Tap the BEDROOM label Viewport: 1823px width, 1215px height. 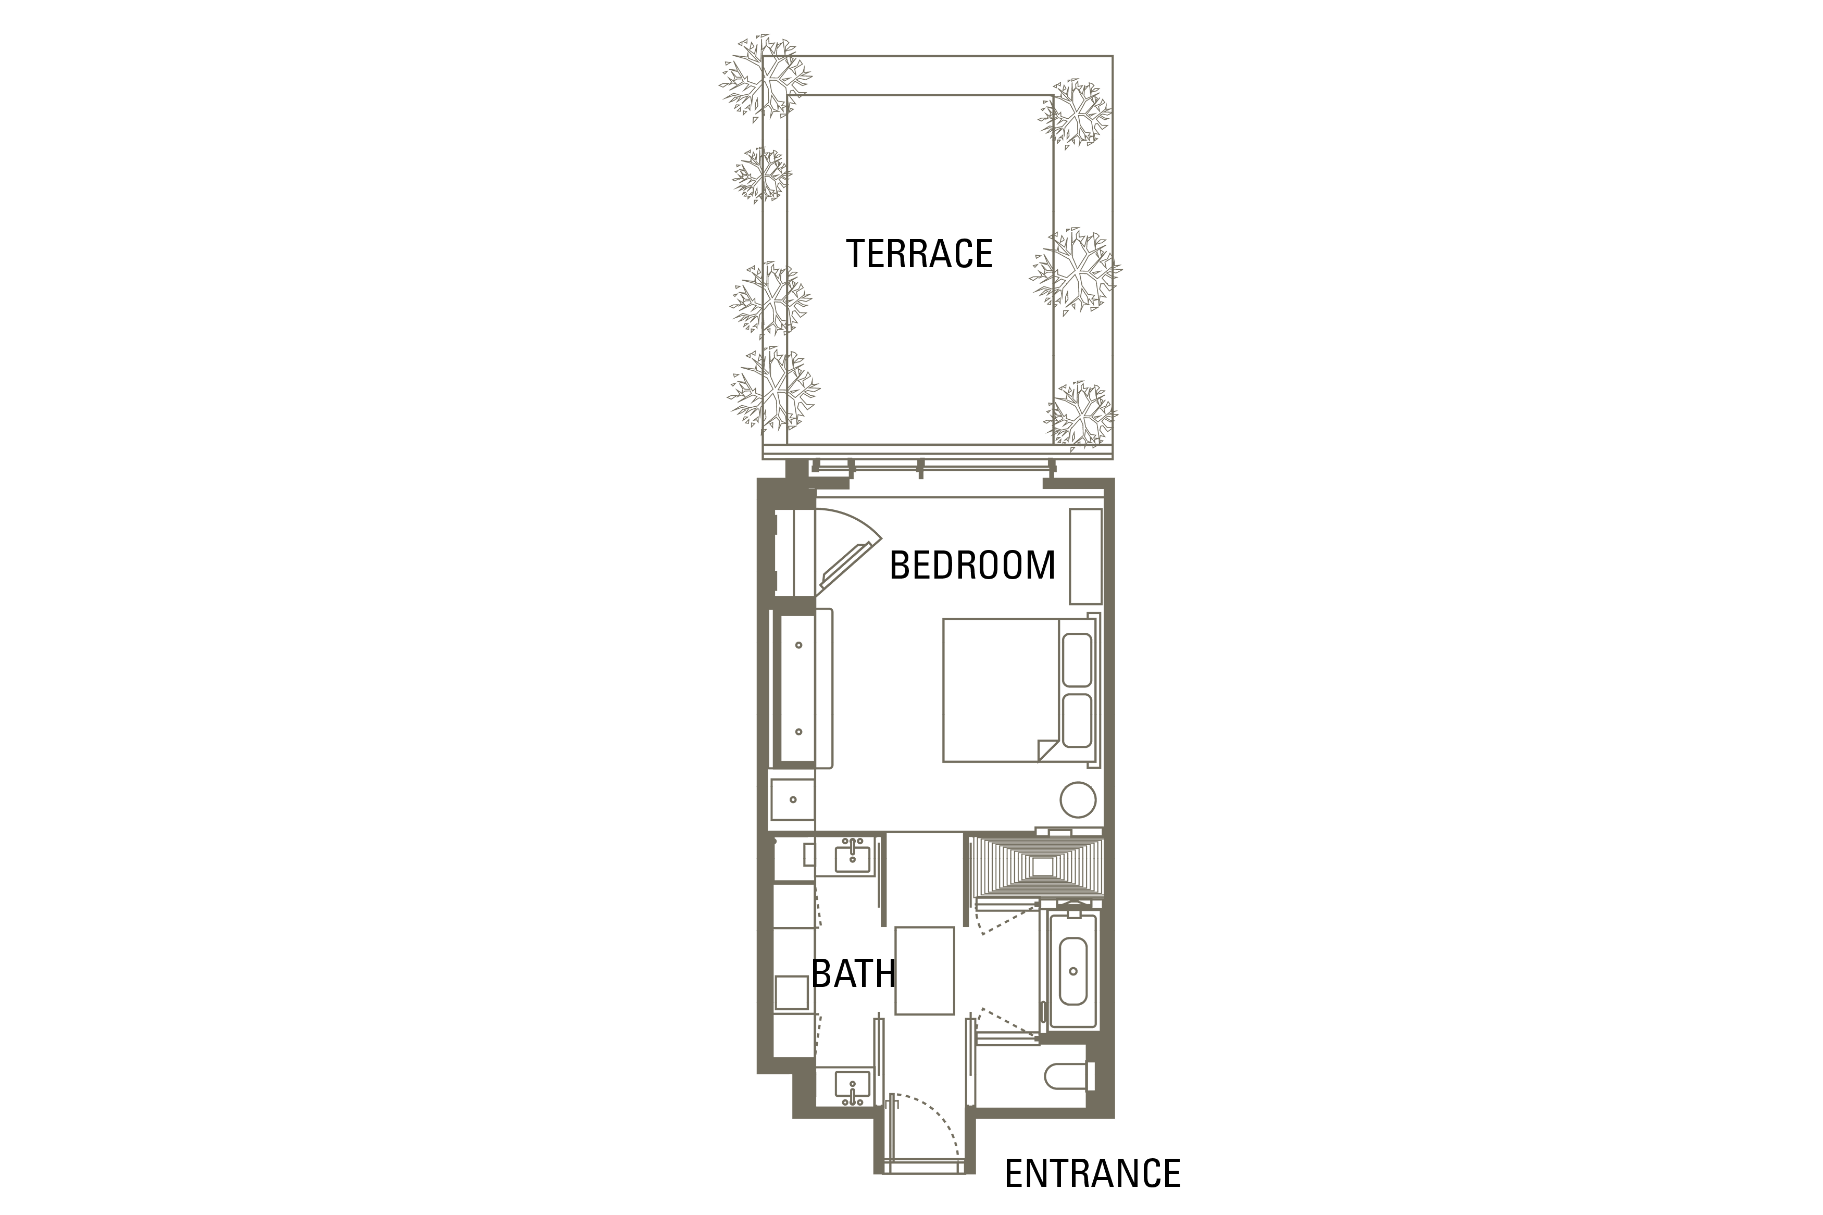pos(972,566)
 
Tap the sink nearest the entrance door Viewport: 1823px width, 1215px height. pos(852,1086)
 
